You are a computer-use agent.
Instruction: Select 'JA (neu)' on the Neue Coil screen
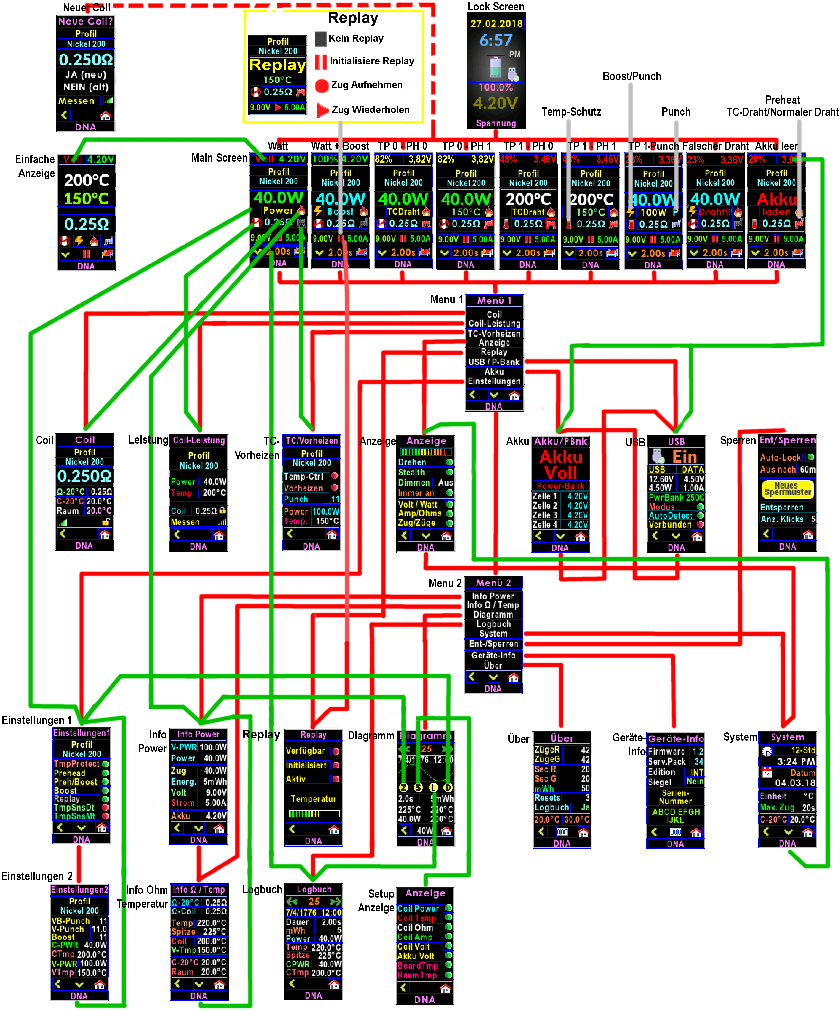click(86, 75)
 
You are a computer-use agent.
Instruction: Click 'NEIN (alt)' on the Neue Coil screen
click(86, 87)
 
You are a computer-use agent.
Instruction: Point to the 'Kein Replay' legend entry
click(355, 38)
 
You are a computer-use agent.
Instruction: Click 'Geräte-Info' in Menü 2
click(493, 655)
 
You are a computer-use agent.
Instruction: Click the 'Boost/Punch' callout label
click(631, 76)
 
